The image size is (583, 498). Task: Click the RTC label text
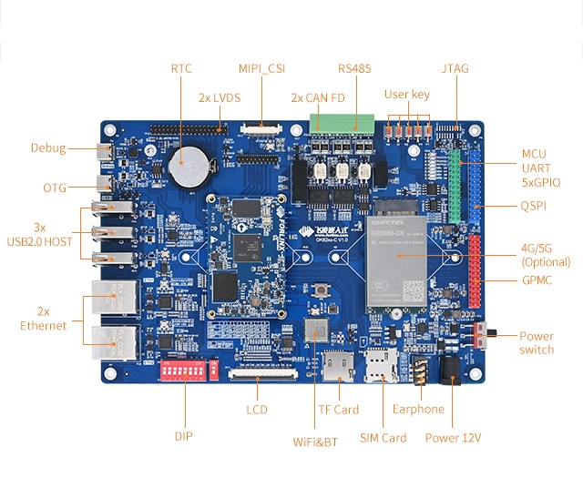click(x=180, y=68)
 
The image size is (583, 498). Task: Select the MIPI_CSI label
click(x=262, y=68)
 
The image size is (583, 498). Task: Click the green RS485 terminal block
click(x=343, y=123)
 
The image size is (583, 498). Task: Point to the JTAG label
click(x=455, y=68)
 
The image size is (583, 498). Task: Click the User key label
click(x=406, y=94)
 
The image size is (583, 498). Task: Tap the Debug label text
click(x=48, y=147)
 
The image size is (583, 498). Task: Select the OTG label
click(x=55, y=188)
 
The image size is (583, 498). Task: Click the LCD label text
click(x=257, y=410)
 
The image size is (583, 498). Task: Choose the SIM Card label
click(x=383, y=438)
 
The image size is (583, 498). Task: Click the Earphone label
click(x=419, y=410)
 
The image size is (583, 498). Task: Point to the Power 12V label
click(x=453, y=438)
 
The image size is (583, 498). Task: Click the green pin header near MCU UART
click(x=455, y=186)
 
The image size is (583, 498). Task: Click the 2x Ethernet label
click(x=44, y=318)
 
